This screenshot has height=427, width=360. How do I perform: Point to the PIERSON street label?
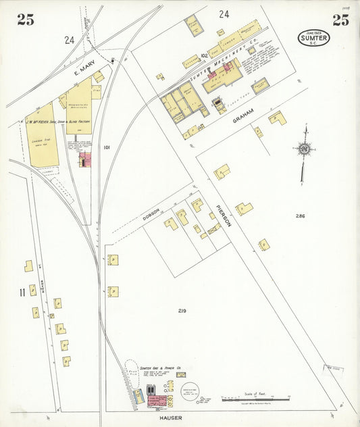coord(223,214)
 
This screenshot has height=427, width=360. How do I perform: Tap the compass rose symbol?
coord(305,149)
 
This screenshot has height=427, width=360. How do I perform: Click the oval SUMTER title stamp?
coord(313,39)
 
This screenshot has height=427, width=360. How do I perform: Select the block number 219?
coord(182,311)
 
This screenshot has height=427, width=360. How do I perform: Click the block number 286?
coord(300,216)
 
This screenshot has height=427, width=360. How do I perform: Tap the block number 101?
coord(106,147)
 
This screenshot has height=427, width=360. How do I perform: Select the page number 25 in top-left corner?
coord(26,20)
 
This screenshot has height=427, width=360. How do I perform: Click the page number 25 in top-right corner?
coord(340,20)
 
